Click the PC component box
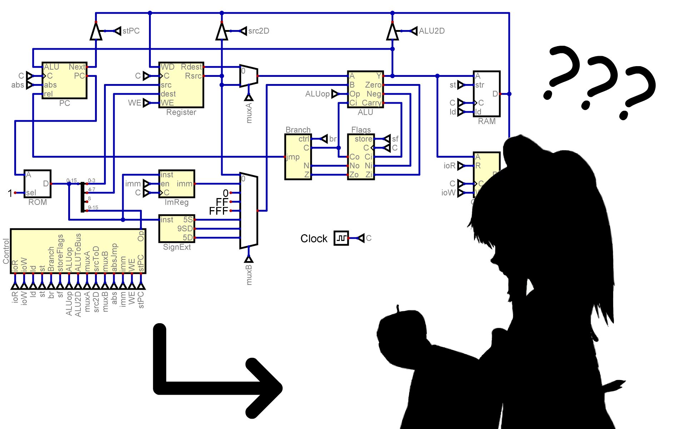(x=64, y=80)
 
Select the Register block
(x=181, y=85)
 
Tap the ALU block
(x=365, y=89)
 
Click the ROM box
(x=38, y=183)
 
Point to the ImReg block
(x=177, y=183)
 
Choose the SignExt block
(x=177, y=228)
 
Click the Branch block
(x=298, y=157)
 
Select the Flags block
(x=361, y=157)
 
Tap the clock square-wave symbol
(x=341, y=238)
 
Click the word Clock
(x=314, y=238)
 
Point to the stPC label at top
(x=131, y=31)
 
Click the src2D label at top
(x=259, y=31)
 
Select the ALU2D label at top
(x=432, y=31)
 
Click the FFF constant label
(x=218, y=211)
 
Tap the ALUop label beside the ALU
(x=317, y=94)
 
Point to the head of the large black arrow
(x=264, y=388)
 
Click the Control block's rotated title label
(x=6, y=251)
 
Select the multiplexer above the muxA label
(x=249, y=76)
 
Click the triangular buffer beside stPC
(x=96, y=31)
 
